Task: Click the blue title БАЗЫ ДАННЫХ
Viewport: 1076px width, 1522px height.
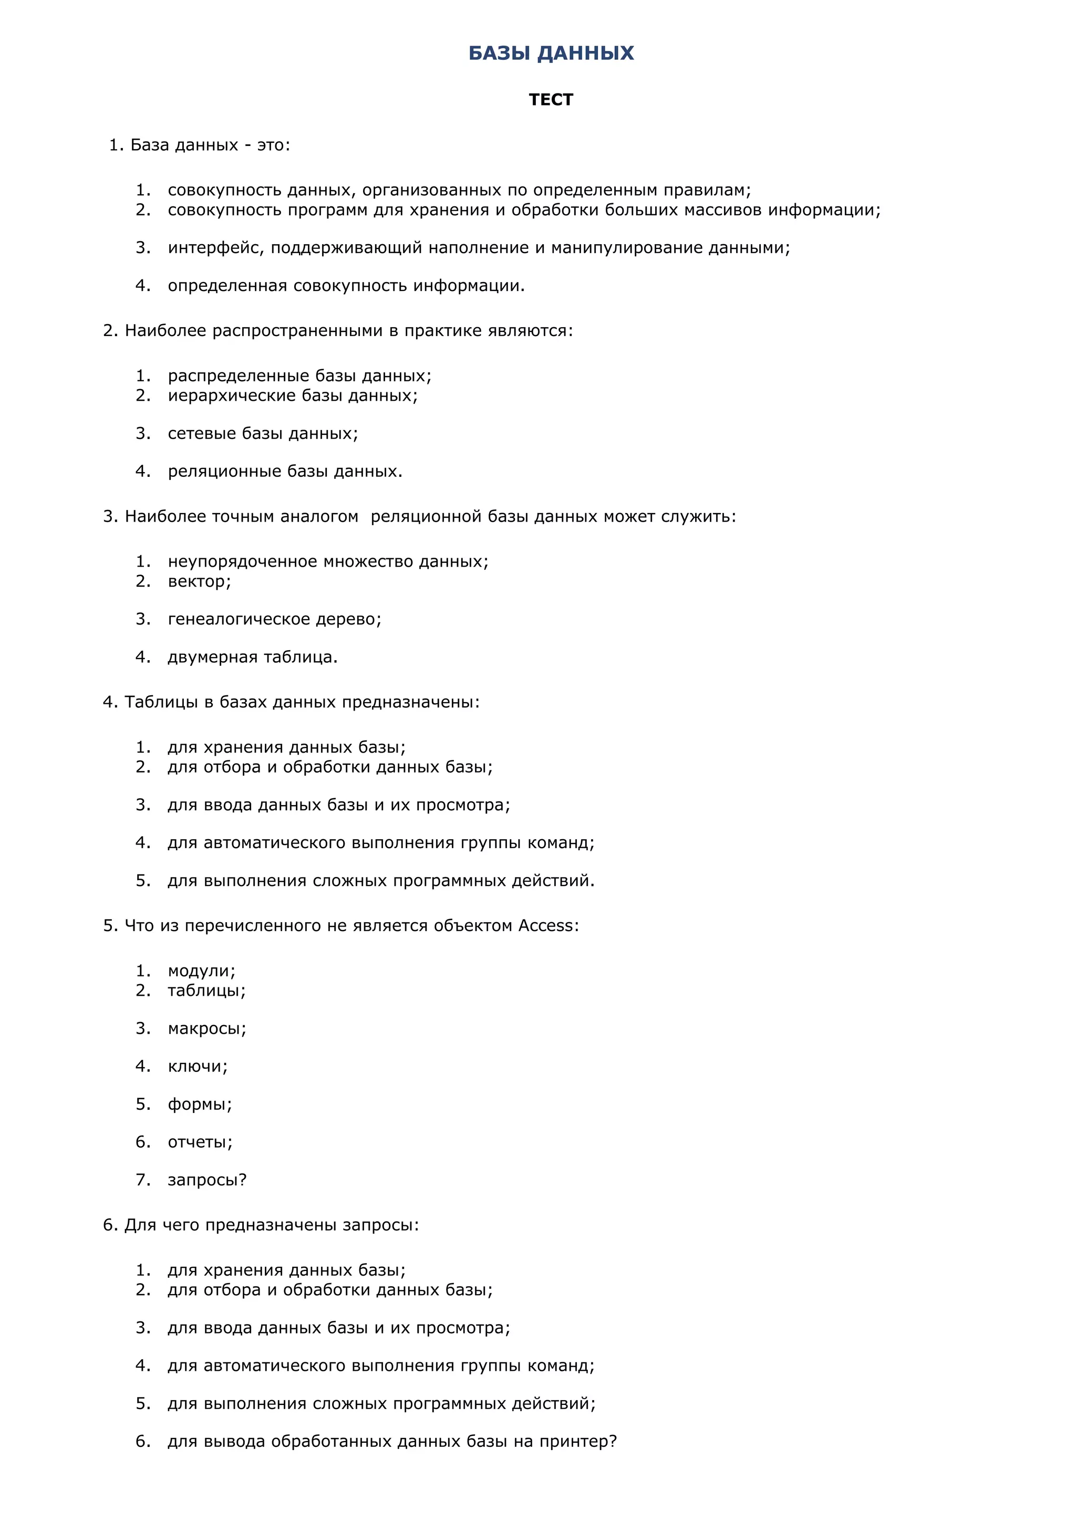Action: (x=551, y=53)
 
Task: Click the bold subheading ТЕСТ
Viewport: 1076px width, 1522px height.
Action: (x=551, y=99)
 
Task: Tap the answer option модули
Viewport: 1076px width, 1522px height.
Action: (x=201, y=971)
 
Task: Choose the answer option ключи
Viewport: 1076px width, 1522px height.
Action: (x=197, y=1066)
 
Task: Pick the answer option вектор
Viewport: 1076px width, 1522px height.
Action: (x=199, y=581)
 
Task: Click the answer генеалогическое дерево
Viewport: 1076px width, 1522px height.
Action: (x=274, y=619)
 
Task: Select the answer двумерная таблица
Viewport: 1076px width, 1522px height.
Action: (x=253, y=657)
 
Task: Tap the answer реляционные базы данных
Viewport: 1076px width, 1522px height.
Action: (x=285, y=471)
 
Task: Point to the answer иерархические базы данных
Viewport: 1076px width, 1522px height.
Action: (x=292, y=396)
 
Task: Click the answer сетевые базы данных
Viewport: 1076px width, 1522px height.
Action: (x=263, y=433)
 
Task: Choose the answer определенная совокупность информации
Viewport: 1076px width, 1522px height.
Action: (x=346, y=286)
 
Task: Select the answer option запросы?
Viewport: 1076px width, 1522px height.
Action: (x=207, y=1180)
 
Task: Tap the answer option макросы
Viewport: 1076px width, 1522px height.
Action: (x=207, y=1028)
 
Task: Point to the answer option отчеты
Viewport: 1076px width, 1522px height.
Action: (x=200, y=1142)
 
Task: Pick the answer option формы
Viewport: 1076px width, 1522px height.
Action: (x=200, y=1104)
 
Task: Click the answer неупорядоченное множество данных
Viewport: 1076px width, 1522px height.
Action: (x=327, y=561)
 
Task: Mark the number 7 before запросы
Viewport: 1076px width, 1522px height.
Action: (x=142, y=1180)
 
